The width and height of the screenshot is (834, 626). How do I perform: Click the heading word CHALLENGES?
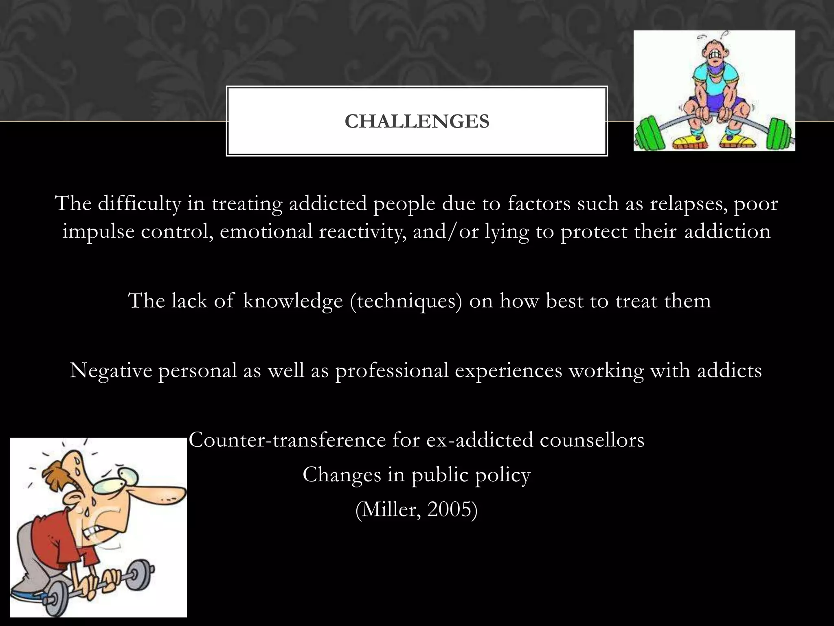[417, 121]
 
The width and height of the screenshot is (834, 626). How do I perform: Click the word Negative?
[111, 371]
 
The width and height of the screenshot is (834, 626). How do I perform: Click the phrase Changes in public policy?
[416, 475]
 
